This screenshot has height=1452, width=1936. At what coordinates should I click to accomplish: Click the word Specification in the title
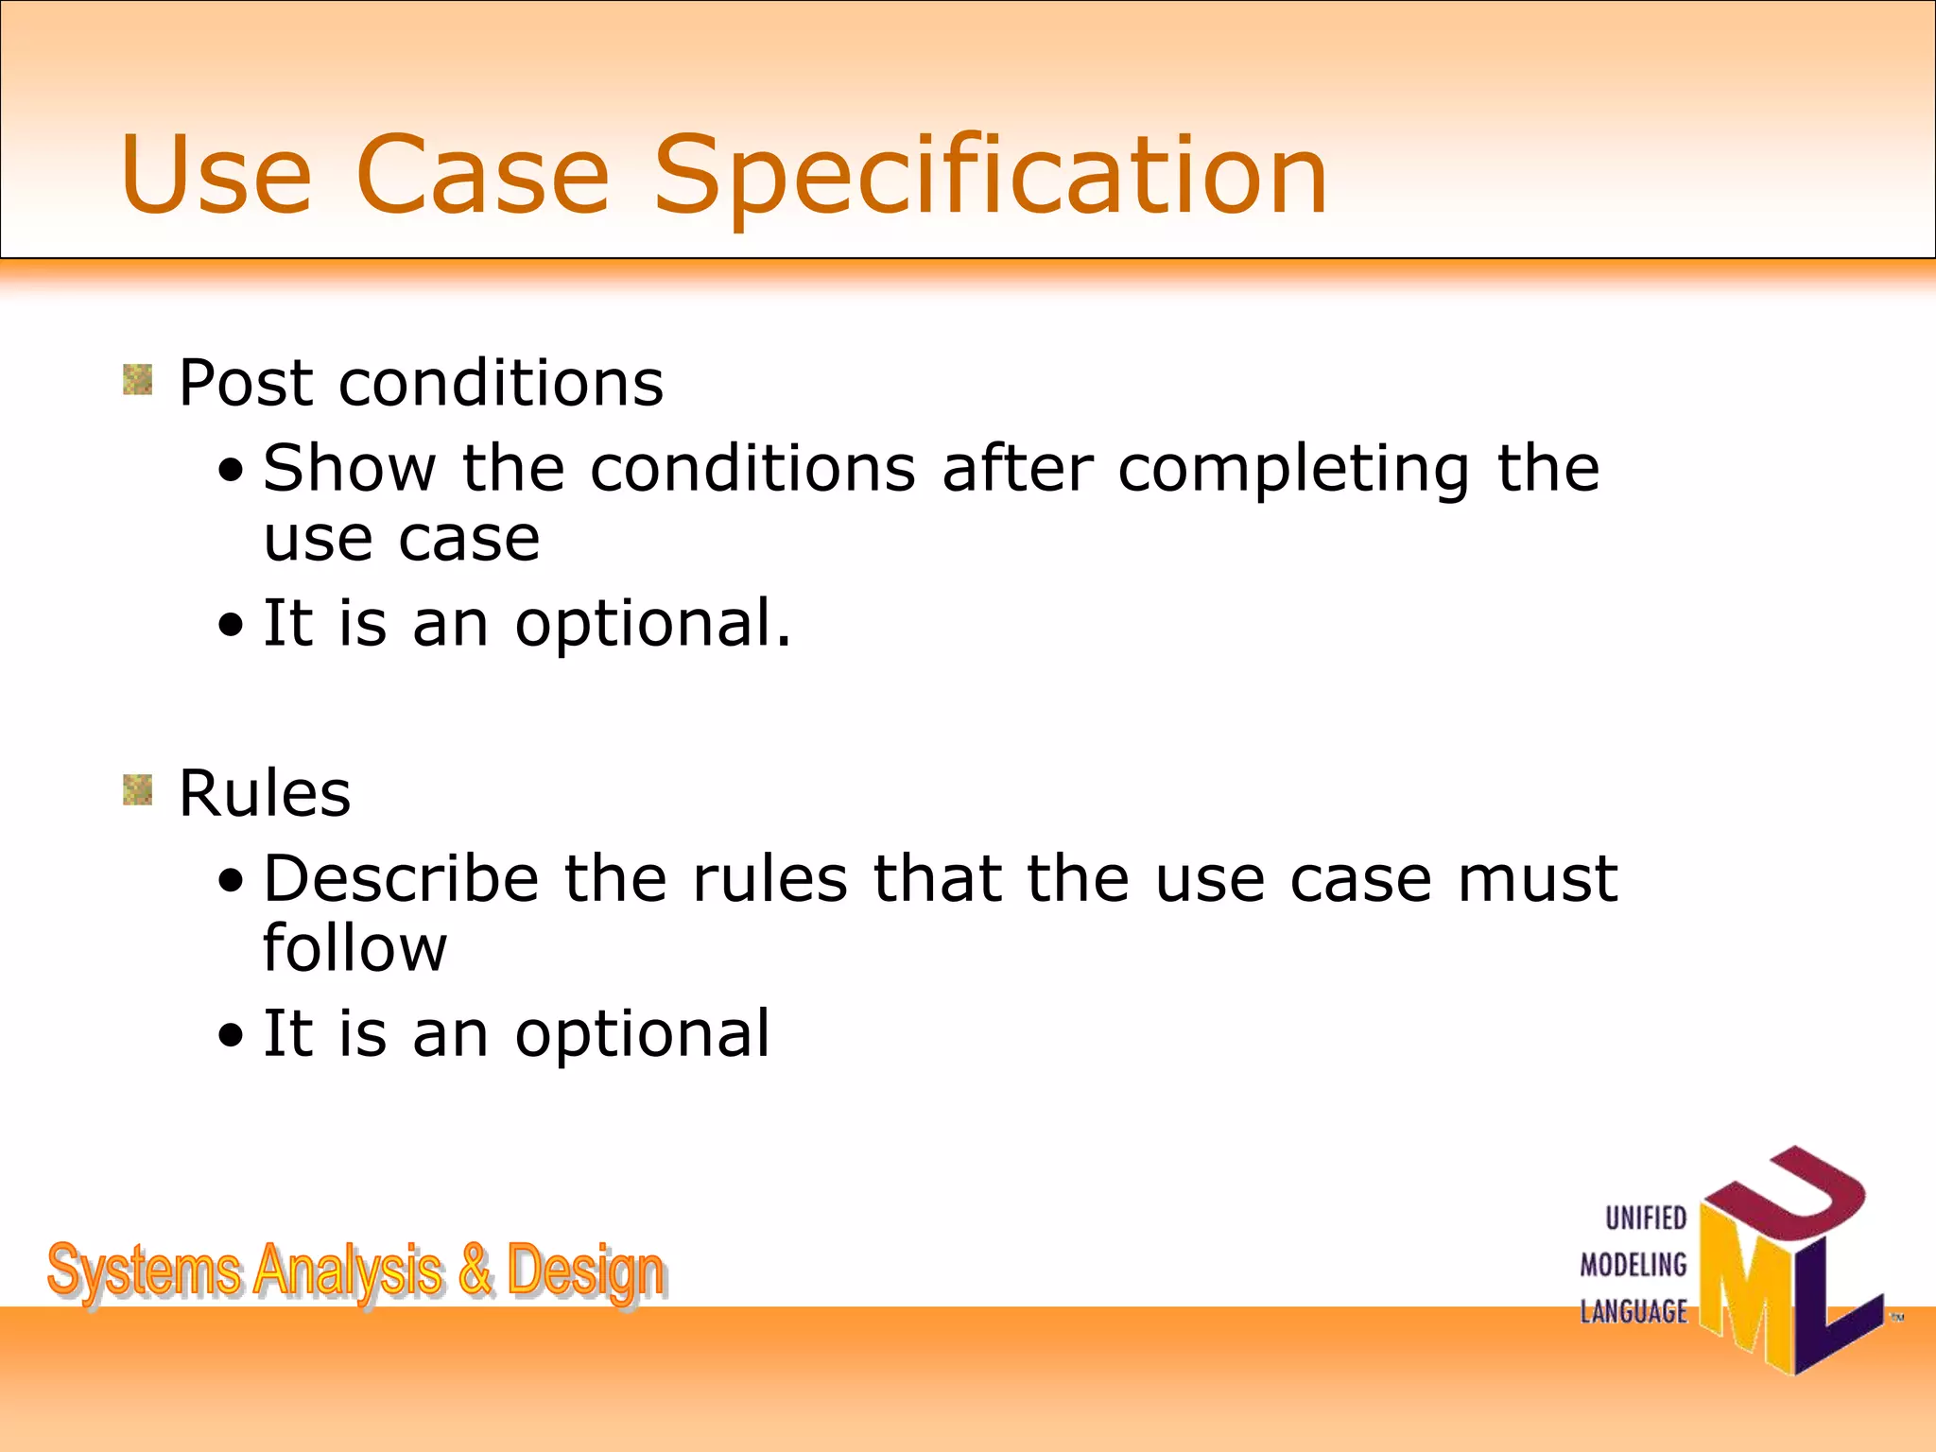point(991,176)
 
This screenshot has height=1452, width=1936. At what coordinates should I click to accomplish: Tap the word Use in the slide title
point(216,176)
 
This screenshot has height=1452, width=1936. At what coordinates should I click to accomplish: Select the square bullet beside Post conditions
point(138,380)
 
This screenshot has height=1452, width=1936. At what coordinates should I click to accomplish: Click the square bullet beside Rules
point(138,790)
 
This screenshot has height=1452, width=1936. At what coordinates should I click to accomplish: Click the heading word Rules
point(265,793)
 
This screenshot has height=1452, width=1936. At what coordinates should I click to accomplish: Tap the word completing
point(1293,471)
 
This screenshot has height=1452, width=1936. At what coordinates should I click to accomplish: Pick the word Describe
point(401,878)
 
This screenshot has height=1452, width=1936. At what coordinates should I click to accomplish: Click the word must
point(1537,878)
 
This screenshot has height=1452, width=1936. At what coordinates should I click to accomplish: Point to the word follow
point(354,948)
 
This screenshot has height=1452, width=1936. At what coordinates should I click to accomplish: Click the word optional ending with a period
point(652,625)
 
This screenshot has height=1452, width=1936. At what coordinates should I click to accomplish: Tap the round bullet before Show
point(230,471)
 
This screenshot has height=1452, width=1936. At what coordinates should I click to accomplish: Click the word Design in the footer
point(585,1271)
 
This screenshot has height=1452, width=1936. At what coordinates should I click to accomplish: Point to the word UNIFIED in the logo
point(1646,1218)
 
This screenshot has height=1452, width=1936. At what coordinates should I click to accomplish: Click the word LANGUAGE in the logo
point(1633,1312)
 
